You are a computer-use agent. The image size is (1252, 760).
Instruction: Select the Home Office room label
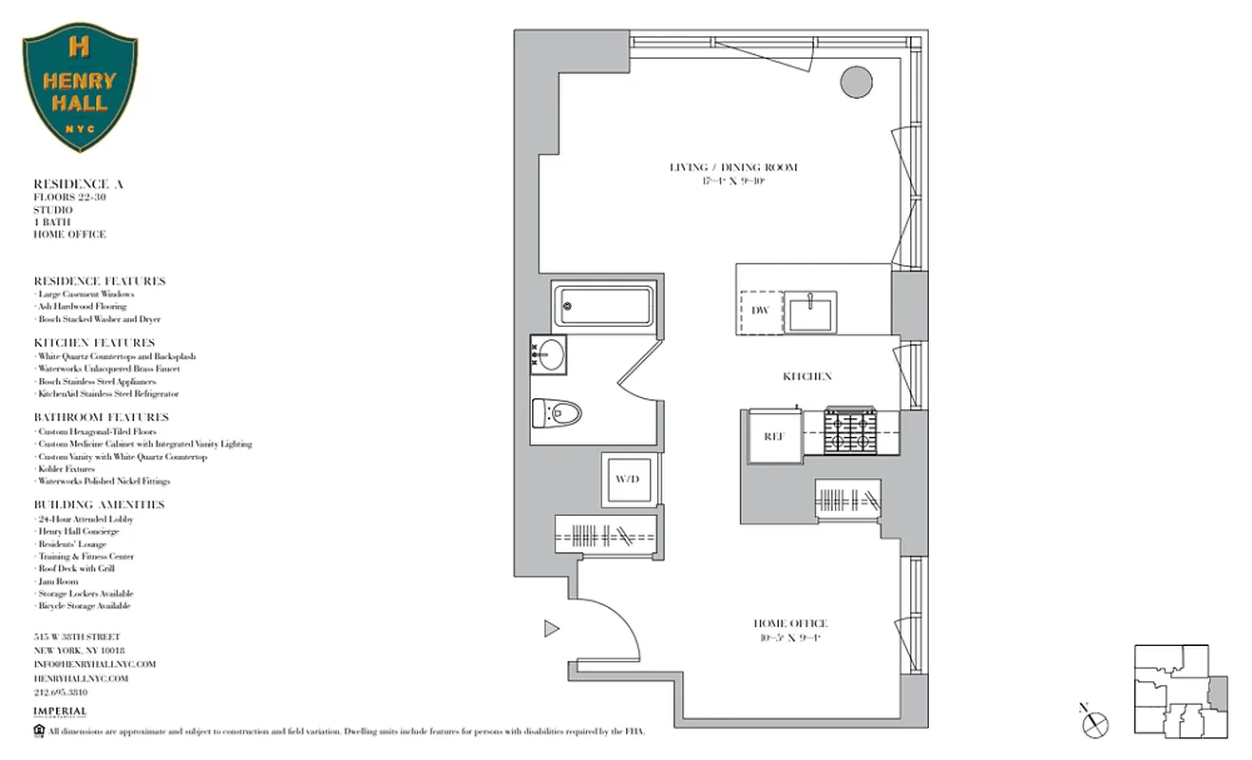point(790,629)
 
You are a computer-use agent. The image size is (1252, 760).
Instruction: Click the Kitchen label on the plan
point(806,376)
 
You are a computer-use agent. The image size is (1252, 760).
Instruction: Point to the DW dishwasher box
point(760,311)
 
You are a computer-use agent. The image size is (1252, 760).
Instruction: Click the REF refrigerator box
point(773,436)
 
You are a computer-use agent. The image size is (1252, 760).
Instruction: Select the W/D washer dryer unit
point(627,479)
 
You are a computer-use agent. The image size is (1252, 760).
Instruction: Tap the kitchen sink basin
point(810,311)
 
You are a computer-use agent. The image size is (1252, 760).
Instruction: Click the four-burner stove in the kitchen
point(848,432)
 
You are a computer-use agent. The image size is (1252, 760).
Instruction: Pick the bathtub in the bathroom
point(604,306)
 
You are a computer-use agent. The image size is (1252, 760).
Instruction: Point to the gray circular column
point(856,82)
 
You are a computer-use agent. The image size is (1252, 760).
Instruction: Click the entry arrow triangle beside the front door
point(551,628)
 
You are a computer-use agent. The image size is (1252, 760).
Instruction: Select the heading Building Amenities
point(99,504)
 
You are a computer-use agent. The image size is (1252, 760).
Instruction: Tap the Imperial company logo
point(60,712)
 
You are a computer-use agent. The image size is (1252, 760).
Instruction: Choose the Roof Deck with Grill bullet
point(76,568)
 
